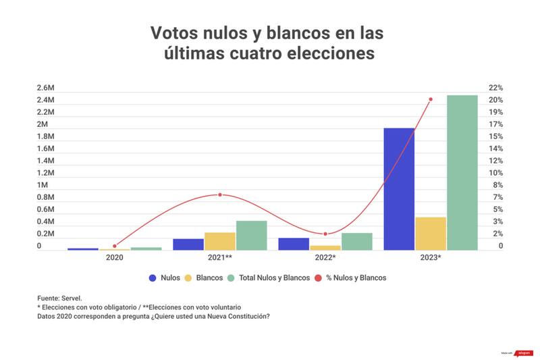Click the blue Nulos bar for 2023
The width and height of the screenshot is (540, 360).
[x=399, y=189]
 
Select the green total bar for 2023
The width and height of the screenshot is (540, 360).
[x=462, y=172]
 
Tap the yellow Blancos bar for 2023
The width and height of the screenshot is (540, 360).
[x=431, y=233]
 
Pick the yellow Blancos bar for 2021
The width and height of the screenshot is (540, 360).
[x=220, y=241]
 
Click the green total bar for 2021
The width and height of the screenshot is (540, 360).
[x=251, y=235]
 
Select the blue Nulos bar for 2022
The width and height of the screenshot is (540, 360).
[x=294, y=244]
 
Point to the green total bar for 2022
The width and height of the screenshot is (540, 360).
[x=357, y=241]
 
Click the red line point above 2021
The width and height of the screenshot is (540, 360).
[x=220, y=195]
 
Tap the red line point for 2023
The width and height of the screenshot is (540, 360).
[x=431, y=99]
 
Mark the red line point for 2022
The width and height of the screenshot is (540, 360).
[x=325, y=234]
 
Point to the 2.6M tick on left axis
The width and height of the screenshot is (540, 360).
[x=46, y=88]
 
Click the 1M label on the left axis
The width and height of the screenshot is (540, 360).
[x=43, y=185]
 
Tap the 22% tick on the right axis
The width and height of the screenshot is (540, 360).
[x=495, y=88]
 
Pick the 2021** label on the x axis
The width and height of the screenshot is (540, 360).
[x=220, y=258]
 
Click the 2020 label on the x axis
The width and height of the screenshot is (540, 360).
[x=115, y=258]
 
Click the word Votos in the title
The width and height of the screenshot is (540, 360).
[x=173, y=33]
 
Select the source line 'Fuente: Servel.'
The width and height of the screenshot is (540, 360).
[x=59, y=297]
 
